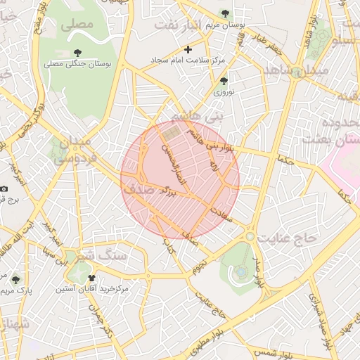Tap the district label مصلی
[77, 24]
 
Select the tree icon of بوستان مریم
[225, 13]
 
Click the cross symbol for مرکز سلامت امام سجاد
[188, 49]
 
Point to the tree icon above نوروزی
[224, 81]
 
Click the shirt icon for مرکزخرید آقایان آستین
[91, 278]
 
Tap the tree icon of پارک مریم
[15, 280]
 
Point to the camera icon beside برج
[4, 188]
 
